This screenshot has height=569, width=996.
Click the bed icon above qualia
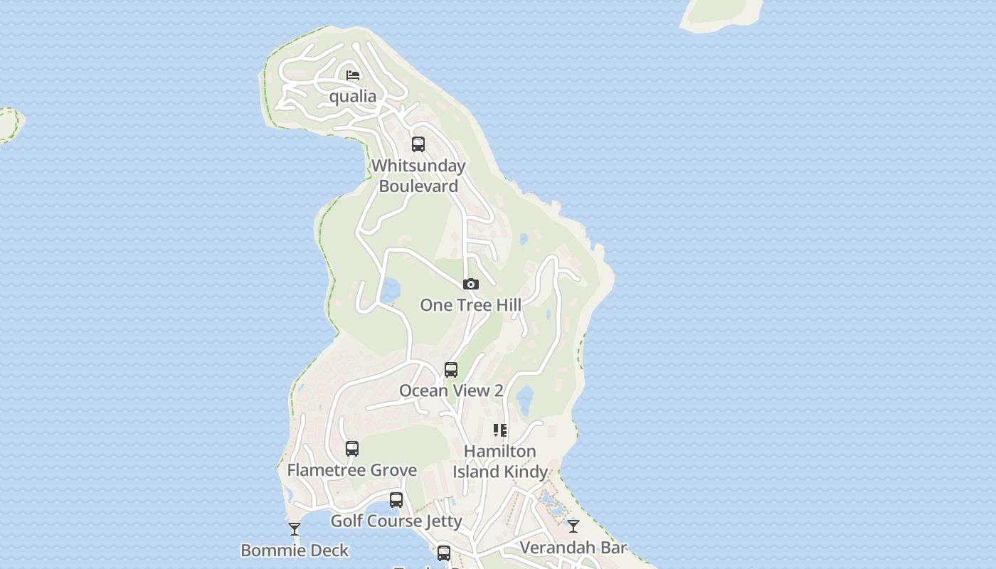[353, 75]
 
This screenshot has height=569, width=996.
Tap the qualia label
[353, 96]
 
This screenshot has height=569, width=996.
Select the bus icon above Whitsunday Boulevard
[418, 144]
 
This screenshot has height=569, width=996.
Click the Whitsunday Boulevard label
[418, 176]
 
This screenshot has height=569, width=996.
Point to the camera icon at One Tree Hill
[470, 284]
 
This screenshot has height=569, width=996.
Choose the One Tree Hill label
[470, 305]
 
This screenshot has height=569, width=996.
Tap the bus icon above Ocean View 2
[451, 370]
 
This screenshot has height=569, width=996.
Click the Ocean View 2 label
[451, 390]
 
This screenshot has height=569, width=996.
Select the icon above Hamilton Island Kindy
[500, 430]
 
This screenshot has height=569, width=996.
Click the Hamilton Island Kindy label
[500, 461]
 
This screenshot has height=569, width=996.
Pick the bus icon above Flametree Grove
[352, 449]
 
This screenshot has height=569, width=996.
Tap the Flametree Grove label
[352, 470]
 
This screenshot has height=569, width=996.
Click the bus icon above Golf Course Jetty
[396, 500]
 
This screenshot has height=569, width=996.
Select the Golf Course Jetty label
[396, 521]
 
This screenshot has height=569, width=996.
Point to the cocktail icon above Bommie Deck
[295, 529]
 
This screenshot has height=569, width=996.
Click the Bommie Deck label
[295, 550]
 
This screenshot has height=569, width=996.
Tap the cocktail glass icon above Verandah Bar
[573, 526]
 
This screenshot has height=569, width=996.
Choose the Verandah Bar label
[573, 548]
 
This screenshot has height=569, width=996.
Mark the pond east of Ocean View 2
[525, 400]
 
